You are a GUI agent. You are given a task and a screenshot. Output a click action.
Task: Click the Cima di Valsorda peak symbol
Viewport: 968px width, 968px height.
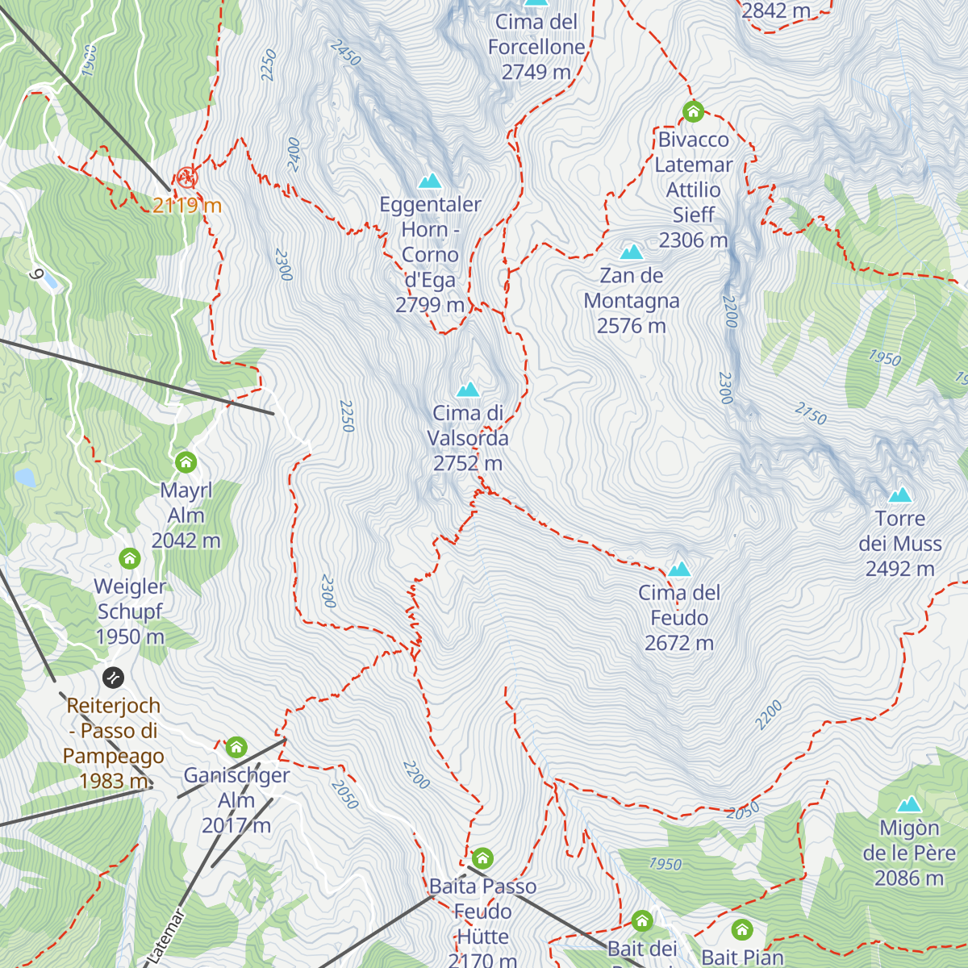[468, 390]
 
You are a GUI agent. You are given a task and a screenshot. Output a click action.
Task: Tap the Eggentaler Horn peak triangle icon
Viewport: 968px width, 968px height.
[430, 181]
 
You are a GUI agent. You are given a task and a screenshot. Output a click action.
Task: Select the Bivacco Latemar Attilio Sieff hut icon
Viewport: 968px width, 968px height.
[693, 111]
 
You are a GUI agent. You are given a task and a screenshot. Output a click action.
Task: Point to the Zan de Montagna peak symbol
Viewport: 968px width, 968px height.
[631, 252]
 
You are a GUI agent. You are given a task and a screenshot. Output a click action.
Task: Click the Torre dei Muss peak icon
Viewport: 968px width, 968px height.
[899, 495]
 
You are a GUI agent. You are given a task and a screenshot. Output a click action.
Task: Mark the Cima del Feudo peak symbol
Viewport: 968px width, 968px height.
[679, 570]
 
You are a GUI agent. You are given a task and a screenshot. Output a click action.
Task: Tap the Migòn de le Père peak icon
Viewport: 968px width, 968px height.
[909, 804]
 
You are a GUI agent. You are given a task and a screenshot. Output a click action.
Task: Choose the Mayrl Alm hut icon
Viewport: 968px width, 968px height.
[186, 462]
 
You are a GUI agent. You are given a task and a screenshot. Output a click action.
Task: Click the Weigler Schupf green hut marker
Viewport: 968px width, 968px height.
[130, 558]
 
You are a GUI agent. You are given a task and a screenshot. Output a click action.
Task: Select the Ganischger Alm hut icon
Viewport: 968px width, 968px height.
[236, 747]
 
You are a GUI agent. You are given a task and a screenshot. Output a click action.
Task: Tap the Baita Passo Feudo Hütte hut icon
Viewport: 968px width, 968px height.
[482, 857]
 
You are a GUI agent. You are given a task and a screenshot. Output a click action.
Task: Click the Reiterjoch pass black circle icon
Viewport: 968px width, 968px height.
[114, 677]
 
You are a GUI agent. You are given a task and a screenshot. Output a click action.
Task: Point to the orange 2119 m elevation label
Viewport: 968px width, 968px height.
[187, 206]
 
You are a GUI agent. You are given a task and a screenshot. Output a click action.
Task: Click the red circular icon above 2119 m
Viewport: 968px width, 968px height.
[186, 177]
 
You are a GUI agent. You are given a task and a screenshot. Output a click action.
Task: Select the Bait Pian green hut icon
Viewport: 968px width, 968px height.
[741, 930]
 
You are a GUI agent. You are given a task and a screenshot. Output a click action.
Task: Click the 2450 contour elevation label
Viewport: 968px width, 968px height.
[345, 53]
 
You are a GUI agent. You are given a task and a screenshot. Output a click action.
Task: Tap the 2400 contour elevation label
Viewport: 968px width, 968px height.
[294, 154]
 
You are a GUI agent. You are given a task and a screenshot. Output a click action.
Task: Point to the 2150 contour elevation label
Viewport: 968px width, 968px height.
[811, 415]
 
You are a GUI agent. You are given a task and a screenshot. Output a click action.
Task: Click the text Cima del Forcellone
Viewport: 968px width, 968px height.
[536, 35]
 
